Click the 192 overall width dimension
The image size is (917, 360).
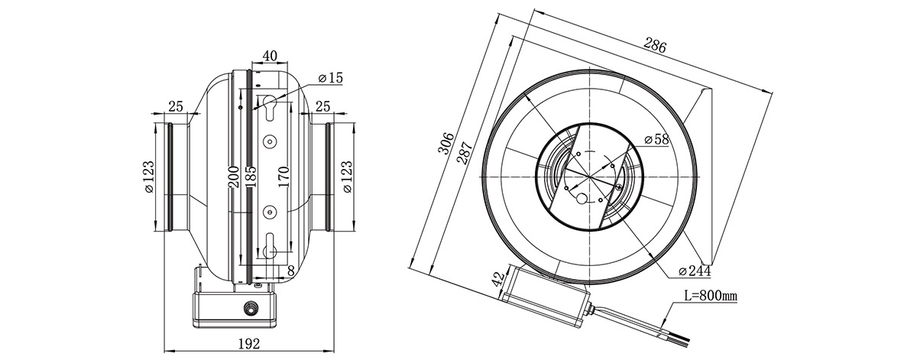click(248, 344)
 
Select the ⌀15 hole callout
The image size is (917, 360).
click(330, 78)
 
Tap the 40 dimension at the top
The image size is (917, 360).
click(269, 55)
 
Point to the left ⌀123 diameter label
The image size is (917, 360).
click(149, 177)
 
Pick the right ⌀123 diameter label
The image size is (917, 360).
click(347, 177)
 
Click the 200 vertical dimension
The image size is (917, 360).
click(234, 177)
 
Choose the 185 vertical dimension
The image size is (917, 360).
click(251, 177)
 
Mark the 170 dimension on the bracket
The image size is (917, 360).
click(284, 177)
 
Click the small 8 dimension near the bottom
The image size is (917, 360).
click(291, 271)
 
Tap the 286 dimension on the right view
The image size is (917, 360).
click(655, 45)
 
